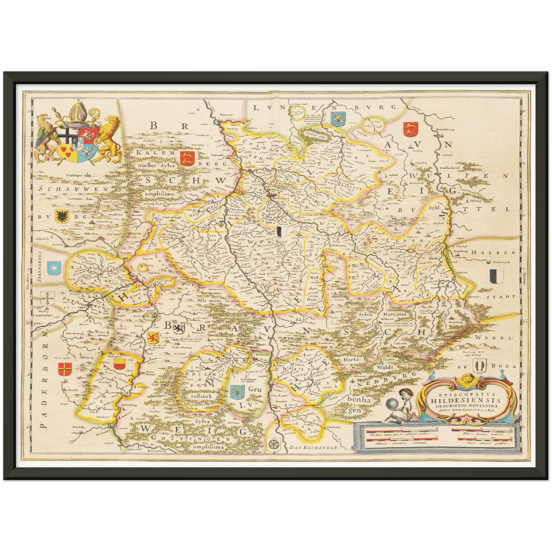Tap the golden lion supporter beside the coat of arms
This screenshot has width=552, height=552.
pyautogui.click(x=109, y=138)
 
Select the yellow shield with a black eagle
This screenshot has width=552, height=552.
pyautogui.click(x=61, y=216)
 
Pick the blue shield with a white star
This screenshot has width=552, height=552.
pyautogui.click(x=53, y=269)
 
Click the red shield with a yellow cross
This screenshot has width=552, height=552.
pyautogui.click(x=63, y=370)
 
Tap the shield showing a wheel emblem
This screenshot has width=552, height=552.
pyautogui.click(x=274, y=444)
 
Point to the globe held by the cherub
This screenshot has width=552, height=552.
pyautogui.click(x=392, y=404)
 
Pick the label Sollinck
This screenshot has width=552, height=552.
pyautogui.click(x=201, y=396)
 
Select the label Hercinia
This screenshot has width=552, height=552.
pyautogui.click(x=394, y=314)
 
